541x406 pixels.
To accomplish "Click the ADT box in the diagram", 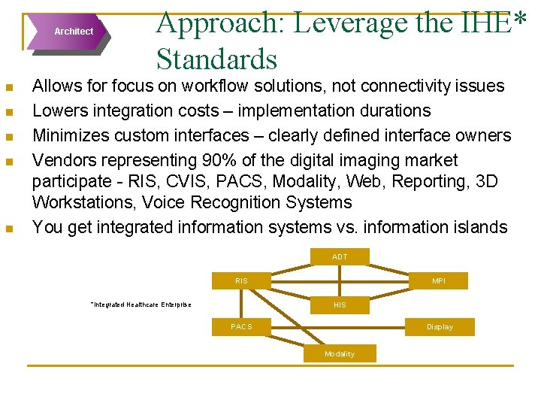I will [340, 257].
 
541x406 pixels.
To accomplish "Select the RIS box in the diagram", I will [241, 281].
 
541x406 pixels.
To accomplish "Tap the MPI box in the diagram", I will [439, 281].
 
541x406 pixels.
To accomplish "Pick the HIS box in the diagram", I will [340, 304].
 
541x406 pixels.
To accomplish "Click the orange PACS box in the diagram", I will [241, 327].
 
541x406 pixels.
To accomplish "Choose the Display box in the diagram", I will [440, 327].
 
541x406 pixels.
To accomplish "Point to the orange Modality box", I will [340, 354].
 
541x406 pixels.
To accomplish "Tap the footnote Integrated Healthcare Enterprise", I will [141, 304].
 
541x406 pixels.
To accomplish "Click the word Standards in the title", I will [216, 59].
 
